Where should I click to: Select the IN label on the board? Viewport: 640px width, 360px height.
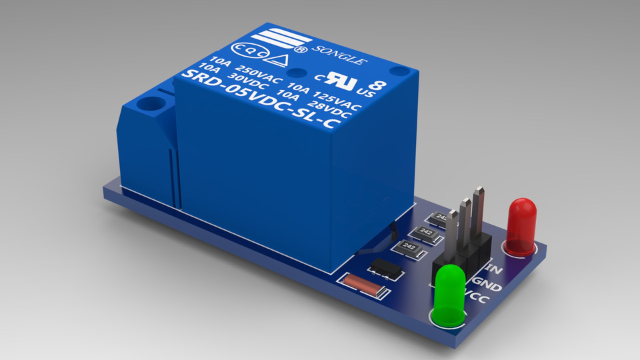tap(494, 269)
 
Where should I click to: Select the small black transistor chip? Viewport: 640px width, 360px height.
tap(387, 268)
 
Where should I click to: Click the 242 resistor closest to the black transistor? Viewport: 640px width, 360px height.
tap(407, 247)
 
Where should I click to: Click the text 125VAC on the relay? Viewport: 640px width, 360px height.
tap(337, 100)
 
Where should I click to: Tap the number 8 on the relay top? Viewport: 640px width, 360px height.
tap(378, 85)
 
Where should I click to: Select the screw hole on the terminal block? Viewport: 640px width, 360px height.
tap(154, 104)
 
